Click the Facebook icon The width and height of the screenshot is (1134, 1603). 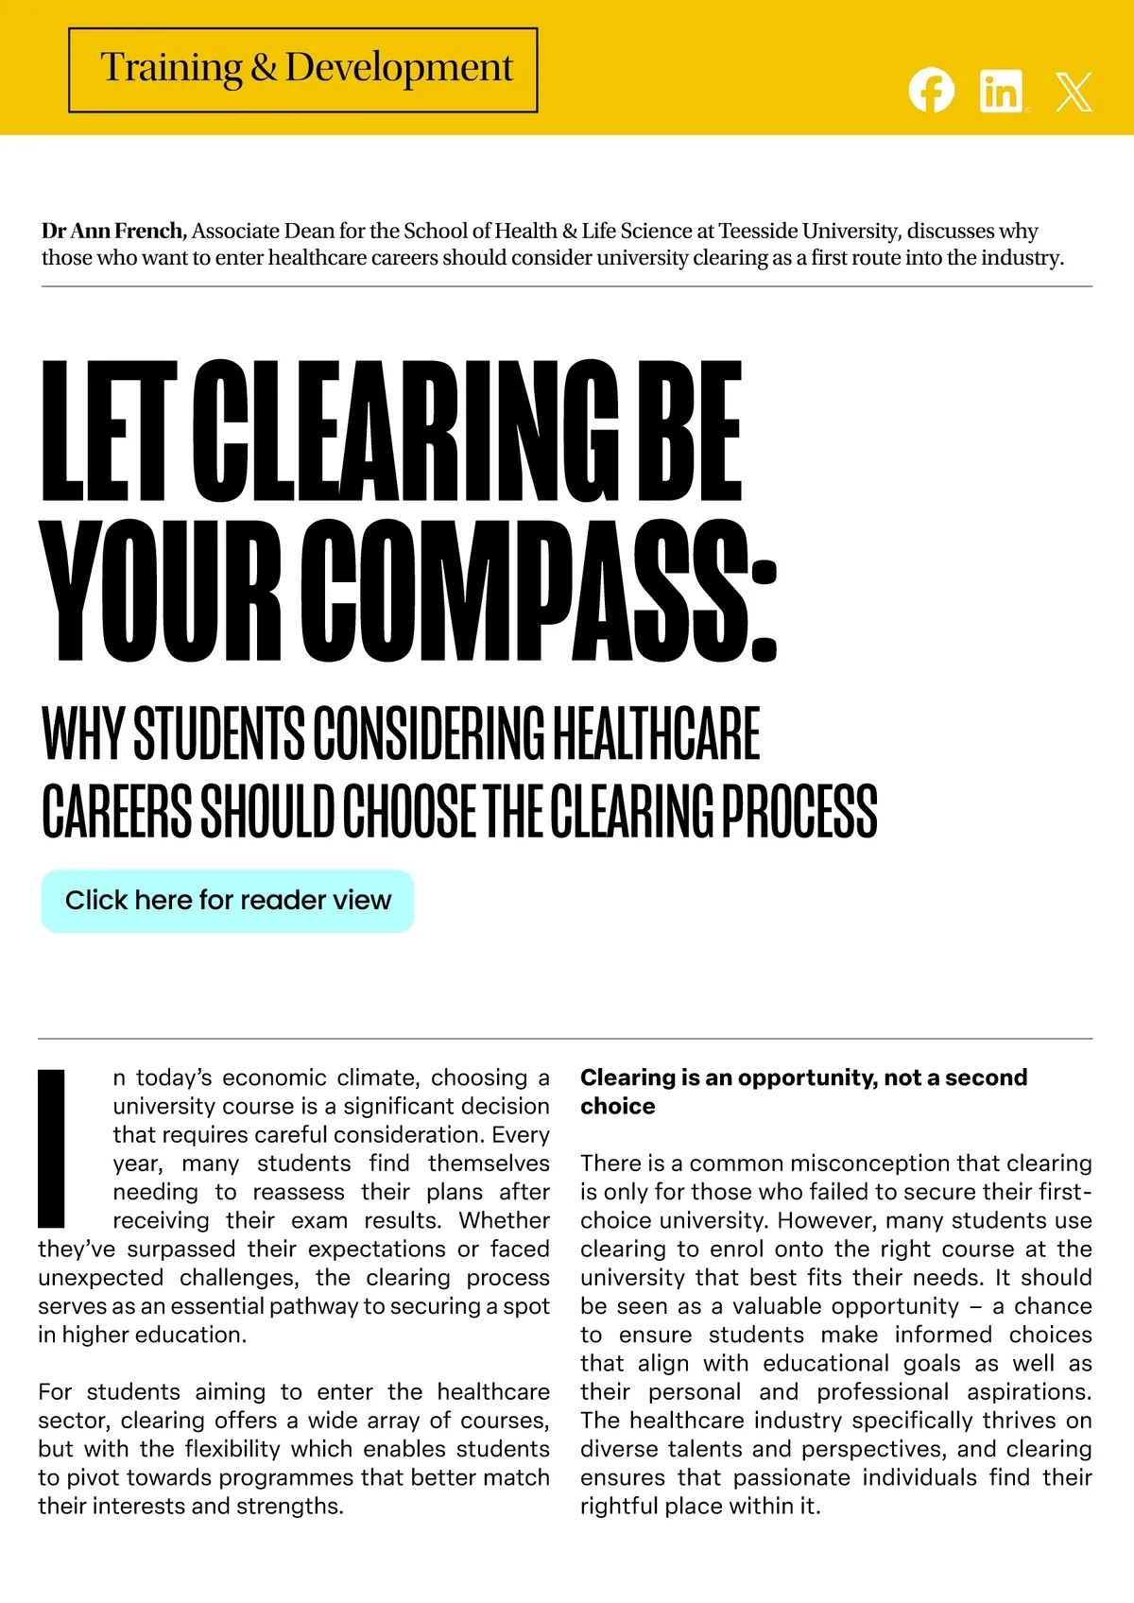tap(931, 91)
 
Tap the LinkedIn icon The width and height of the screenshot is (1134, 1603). tap(1002, 92)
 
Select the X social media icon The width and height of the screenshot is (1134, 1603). tap(1074, 92)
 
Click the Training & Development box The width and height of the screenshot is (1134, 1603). tap(303, 70)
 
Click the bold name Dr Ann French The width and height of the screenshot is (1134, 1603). tap(112, 231)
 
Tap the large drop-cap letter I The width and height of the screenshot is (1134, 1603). tap(52, 1147)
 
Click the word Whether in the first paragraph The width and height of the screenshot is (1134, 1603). tap(505, 1220)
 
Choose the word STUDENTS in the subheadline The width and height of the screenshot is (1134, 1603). tap(218, 733)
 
